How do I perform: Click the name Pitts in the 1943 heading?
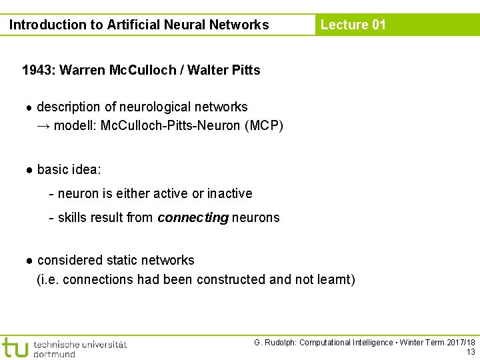[245, 70]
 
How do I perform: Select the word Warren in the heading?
[83, 70]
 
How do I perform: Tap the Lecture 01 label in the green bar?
[353, 25]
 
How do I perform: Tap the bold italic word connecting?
[193, 217]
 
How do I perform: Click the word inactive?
[230, 193]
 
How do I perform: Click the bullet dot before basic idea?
[30, 170]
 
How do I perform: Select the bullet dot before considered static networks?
[30, 261]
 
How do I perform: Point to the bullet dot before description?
[30, 107]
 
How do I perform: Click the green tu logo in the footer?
[15, 347]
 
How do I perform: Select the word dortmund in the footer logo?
[55, 354]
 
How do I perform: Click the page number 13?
[471, 352]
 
